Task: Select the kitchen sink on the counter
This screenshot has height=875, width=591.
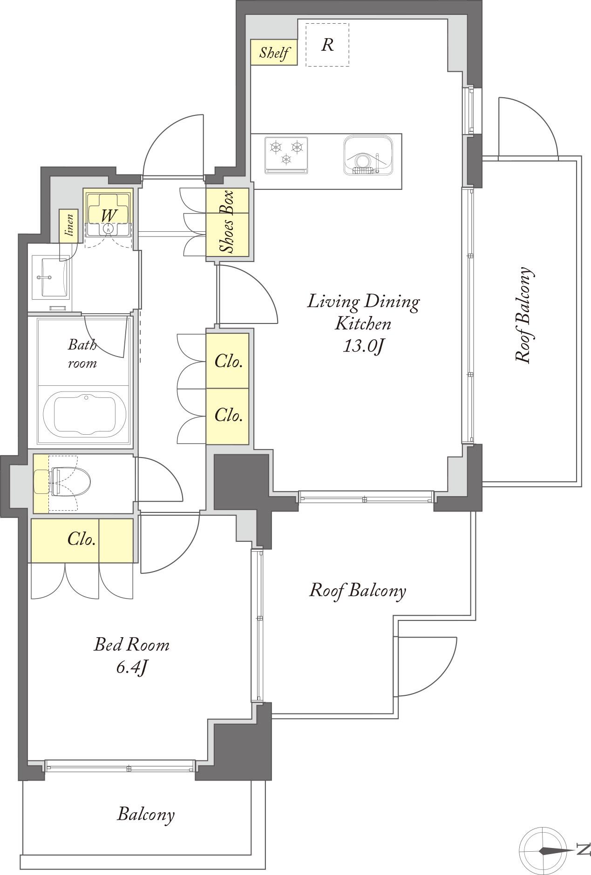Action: [370, 155]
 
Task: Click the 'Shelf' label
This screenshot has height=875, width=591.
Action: [274, 53]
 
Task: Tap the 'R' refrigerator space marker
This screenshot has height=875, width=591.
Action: [327, 45]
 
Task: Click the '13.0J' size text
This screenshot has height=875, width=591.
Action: [363, 346]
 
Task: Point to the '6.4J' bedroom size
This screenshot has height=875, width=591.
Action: [132, 667]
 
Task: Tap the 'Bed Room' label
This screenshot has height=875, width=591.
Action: [132, 645]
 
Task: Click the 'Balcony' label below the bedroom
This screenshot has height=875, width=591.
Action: [146, 814]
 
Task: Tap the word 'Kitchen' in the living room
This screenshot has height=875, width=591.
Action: [363, 323]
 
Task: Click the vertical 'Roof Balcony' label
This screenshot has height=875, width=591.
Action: [523, 315]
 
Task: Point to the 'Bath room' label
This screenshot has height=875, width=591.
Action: [82, 354]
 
